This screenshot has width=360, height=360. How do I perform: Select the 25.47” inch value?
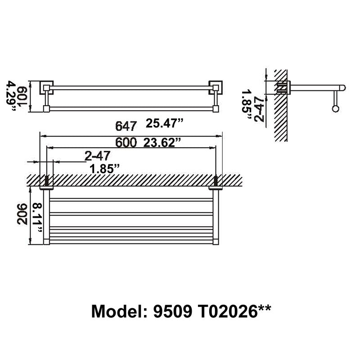pyautogui.click(x=165, y=123)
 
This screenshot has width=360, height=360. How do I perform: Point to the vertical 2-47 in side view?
pyautogui.click(x=259, y=109)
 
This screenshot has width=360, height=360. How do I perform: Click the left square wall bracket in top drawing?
pyautogui.click(x=46, y=87)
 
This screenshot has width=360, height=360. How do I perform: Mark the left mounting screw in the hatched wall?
pyautogui.click(x=47, y=181)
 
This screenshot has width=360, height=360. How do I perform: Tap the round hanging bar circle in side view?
pyautogui.click(x=335, y=108)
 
